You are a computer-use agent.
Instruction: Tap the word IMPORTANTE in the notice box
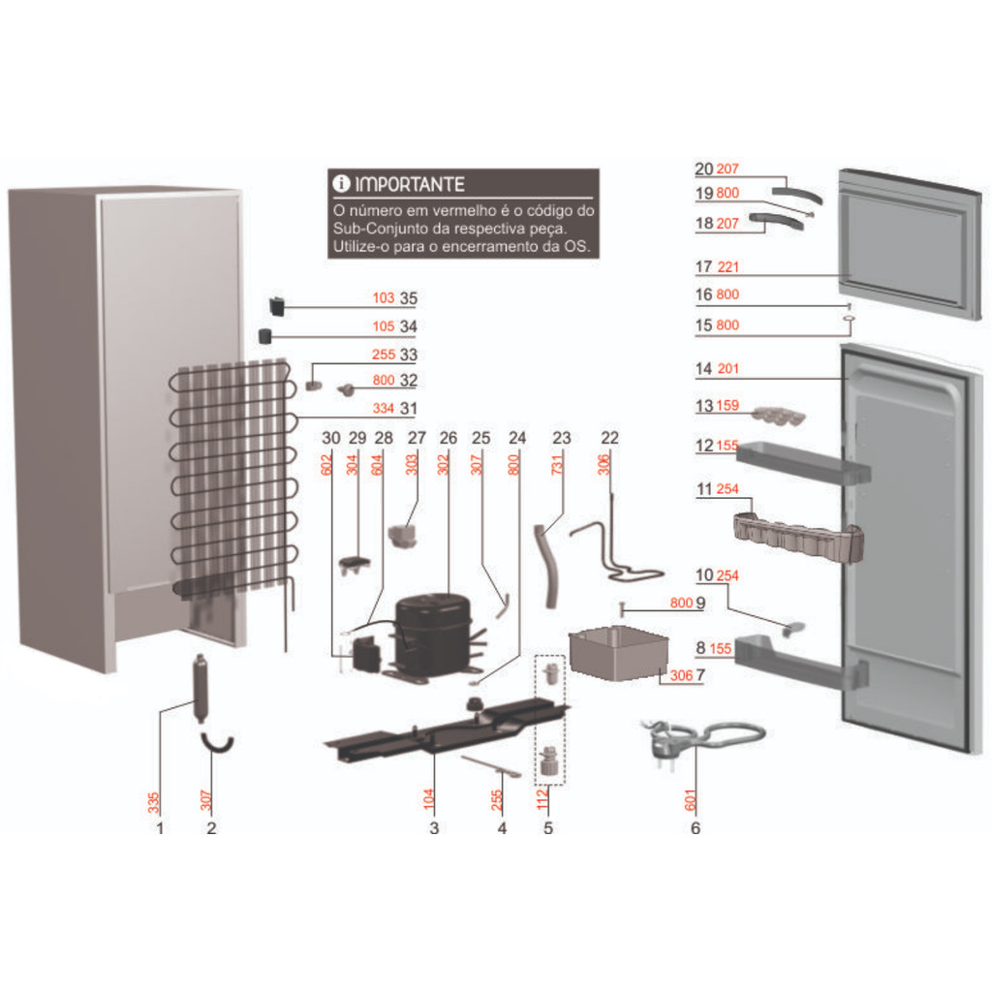click(410, 184)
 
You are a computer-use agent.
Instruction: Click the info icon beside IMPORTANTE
click(340, 184)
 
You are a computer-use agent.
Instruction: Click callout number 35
click(408, 298)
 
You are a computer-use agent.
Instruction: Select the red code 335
click(154, 802)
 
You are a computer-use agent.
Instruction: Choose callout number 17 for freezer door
click(703, 267)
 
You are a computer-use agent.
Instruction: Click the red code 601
click(691, 800)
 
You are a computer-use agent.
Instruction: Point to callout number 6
click(695, 828)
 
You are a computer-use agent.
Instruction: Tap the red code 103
click(384, 298)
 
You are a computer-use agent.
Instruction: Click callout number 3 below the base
click(434, 828)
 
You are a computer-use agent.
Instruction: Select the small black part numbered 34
click(263, 336)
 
